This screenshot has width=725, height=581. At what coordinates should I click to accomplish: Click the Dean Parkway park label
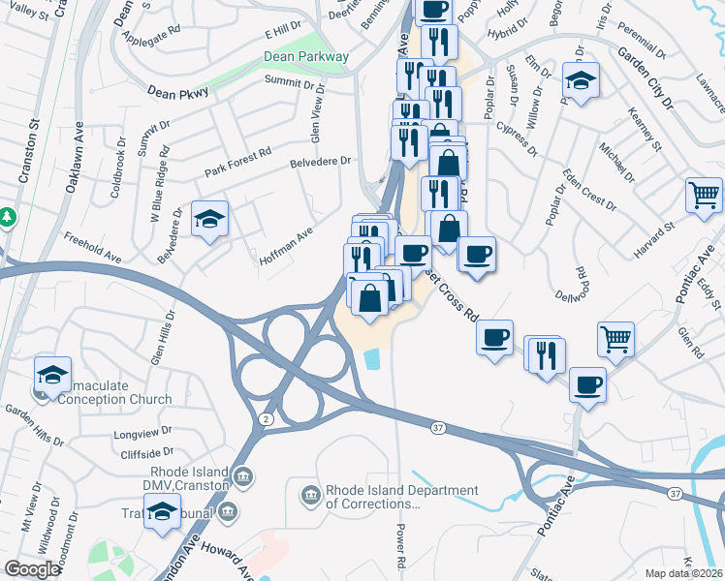coord(305,57)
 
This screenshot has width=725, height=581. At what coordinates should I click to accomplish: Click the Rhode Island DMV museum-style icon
coord(243,475)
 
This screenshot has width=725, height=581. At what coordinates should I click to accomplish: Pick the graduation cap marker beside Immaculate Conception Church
coord(53,375)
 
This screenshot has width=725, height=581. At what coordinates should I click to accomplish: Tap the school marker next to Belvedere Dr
coord(208,219)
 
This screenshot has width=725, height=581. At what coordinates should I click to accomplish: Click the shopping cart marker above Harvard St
coord(703,194)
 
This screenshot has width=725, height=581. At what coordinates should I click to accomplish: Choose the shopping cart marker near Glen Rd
coord(616,339)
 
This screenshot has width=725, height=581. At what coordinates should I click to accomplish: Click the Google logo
coord(33,569)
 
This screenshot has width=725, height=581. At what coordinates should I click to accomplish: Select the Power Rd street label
coord(401,548)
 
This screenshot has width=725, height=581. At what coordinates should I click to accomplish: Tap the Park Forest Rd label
coord(237,164)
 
